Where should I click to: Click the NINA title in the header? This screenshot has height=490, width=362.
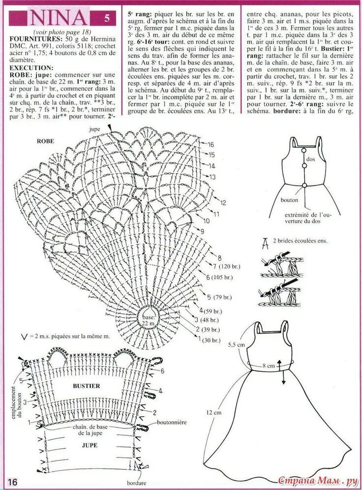tap(58, 18)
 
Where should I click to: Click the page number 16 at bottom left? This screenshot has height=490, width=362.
tap(12, 481)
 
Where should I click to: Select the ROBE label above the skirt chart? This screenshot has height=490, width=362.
tap(45, 140)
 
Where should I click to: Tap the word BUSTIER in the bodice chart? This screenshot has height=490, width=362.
tap(87, 385)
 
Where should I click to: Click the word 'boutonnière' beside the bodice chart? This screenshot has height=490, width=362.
tap(173, 423)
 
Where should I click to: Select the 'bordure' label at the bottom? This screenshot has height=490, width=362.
tap(136, 483)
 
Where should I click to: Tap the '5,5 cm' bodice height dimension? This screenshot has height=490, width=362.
tap(236, 345)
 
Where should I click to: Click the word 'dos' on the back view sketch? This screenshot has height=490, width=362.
tap(310, 159)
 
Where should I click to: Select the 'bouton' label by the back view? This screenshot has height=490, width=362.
tap(290, 201)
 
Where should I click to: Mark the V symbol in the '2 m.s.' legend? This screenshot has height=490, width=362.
tap(24, 337)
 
